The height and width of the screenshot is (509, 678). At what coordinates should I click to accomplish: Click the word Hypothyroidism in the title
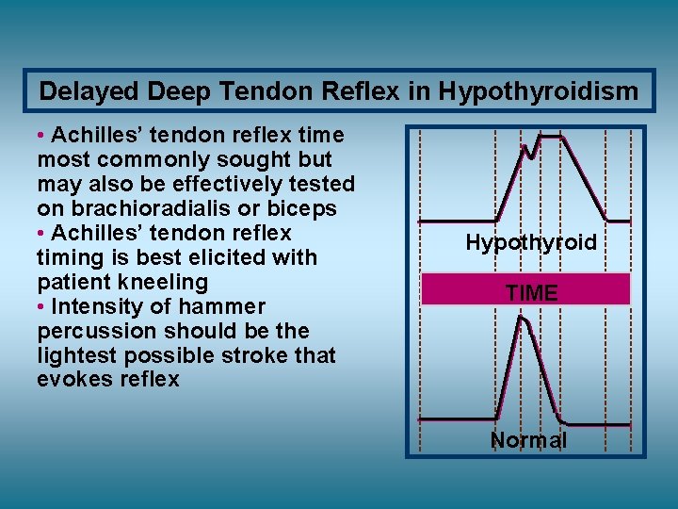[538, 91]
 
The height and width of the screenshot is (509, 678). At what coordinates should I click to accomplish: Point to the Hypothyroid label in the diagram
[531, 243]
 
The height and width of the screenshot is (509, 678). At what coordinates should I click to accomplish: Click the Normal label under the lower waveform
[528, 440]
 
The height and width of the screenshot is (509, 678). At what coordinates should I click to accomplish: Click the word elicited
[198, 257]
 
